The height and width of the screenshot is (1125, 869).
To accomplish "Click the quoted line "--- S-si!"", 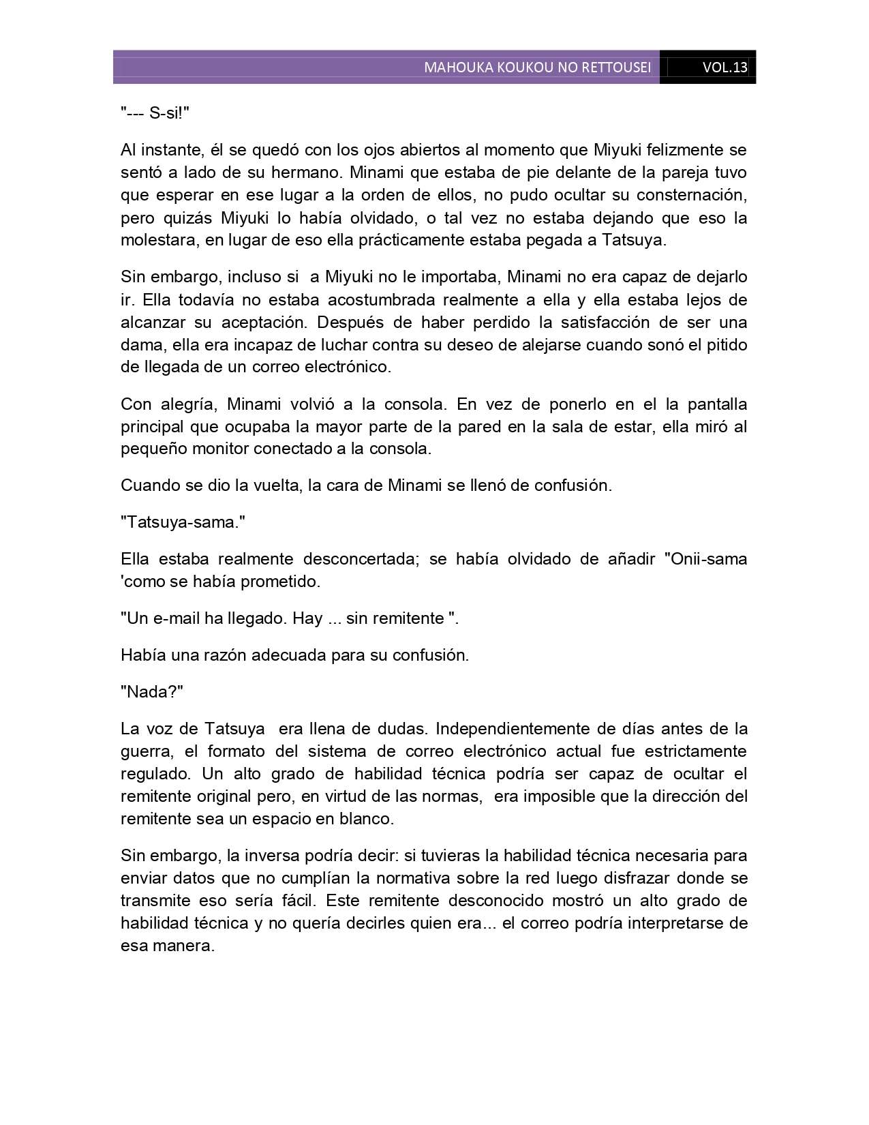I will pos(155,113).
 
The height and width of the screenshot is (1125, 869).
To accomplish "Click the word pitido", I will pos(725,344).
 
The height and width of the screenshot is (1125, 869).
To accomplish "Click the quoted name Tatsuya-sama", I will pos(183,522).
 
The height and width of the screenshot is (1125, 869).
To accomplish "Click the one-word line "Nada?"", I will pos(152,691).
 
